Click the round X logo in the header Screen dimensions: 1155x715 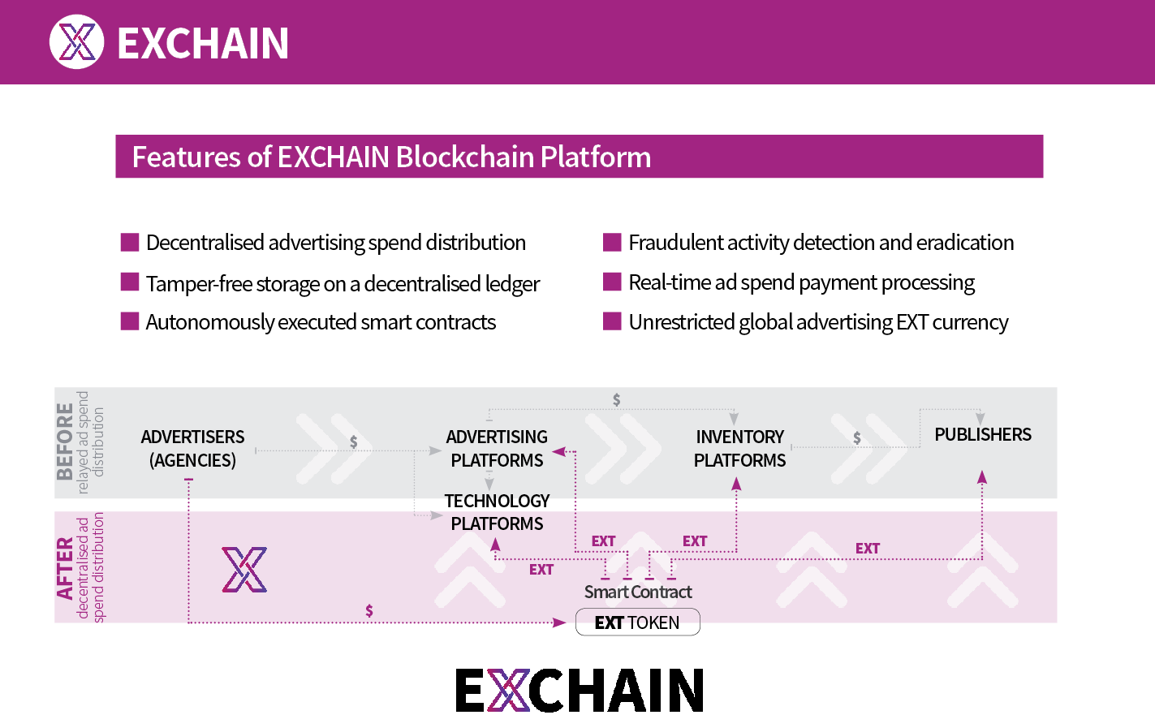click(x=76, y=41)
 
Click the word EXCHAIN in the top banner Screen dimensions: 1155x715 click(x=203, y=43)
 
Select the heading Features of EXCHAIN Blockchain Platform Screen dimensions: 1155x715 click(x=391, y=157)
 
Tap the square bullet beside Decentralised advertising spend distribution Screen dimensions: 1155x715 click(x=129, y=243)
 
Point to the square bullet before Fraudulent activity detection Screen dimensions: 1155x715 click(x=612, y=243)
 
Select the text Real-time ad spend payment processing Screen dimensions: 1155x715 click(x=801, y=283)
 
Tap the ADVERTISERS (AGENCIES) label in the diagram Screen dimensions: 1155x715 click(x=193, y=449)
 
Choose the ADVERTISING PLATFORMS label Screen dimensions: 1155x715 click(x=497, y=449)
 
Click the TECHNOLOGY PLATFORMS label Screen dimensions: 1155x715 click(x=497, y=512)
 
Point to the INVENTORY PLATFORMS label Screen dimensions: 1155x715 click(x=740, y=449)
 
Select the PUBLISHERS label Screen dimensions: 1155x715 click(x=983, y=434)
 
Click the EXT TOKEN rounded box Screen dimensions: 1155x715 click(x=638, y=622)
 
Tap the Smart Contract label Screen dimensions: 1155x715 click(x=638, y=592)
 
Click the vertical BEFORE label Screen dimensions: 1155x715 click(x=65, y=441)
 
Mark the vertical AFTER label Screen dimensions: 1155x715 click(x=65, y=569)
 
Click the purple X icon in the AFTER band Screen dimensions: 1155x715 click(x=244, y=570)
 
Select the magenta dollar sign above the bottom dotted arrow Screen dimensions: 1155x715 click(x=369, y=611)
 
